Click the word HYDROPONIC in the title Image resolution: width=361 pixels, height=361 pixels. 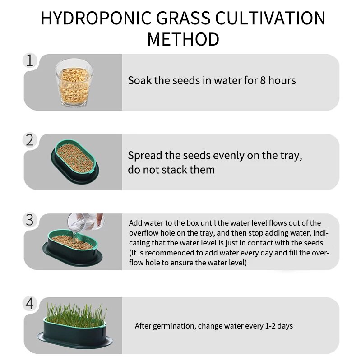pyautogui.click(x=96, y=18)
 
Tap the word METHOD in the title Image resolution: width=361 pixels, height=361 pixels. pyautogui.click(x=183, y=39)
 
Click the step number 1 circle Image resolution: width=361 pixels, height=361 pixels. pyautogui.click(x=30, y=60)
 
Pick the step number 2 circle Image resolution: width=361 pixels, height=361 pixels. pyautogui.click(x=30, y=140)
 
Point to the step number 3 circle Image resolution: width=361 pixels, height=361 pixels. pyautogui.click(x=30, y=220)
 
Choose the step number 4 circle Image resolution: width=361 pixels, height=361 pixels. pyautogui.click(x=30, y=304)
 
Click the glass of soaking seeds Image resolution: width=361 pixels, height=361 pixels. pyautogui.click(x=73, y=83)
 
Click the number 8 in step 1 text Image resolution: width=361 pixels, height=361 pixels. pyautogui.click(x=263, y=81)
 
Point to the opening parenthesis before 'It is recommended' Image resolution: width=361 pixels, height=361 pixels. pyautogui.click(x=130, y=253)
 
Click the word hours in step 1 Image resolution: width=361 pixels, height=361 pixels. pyautogui.click(x=282, y=81)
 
